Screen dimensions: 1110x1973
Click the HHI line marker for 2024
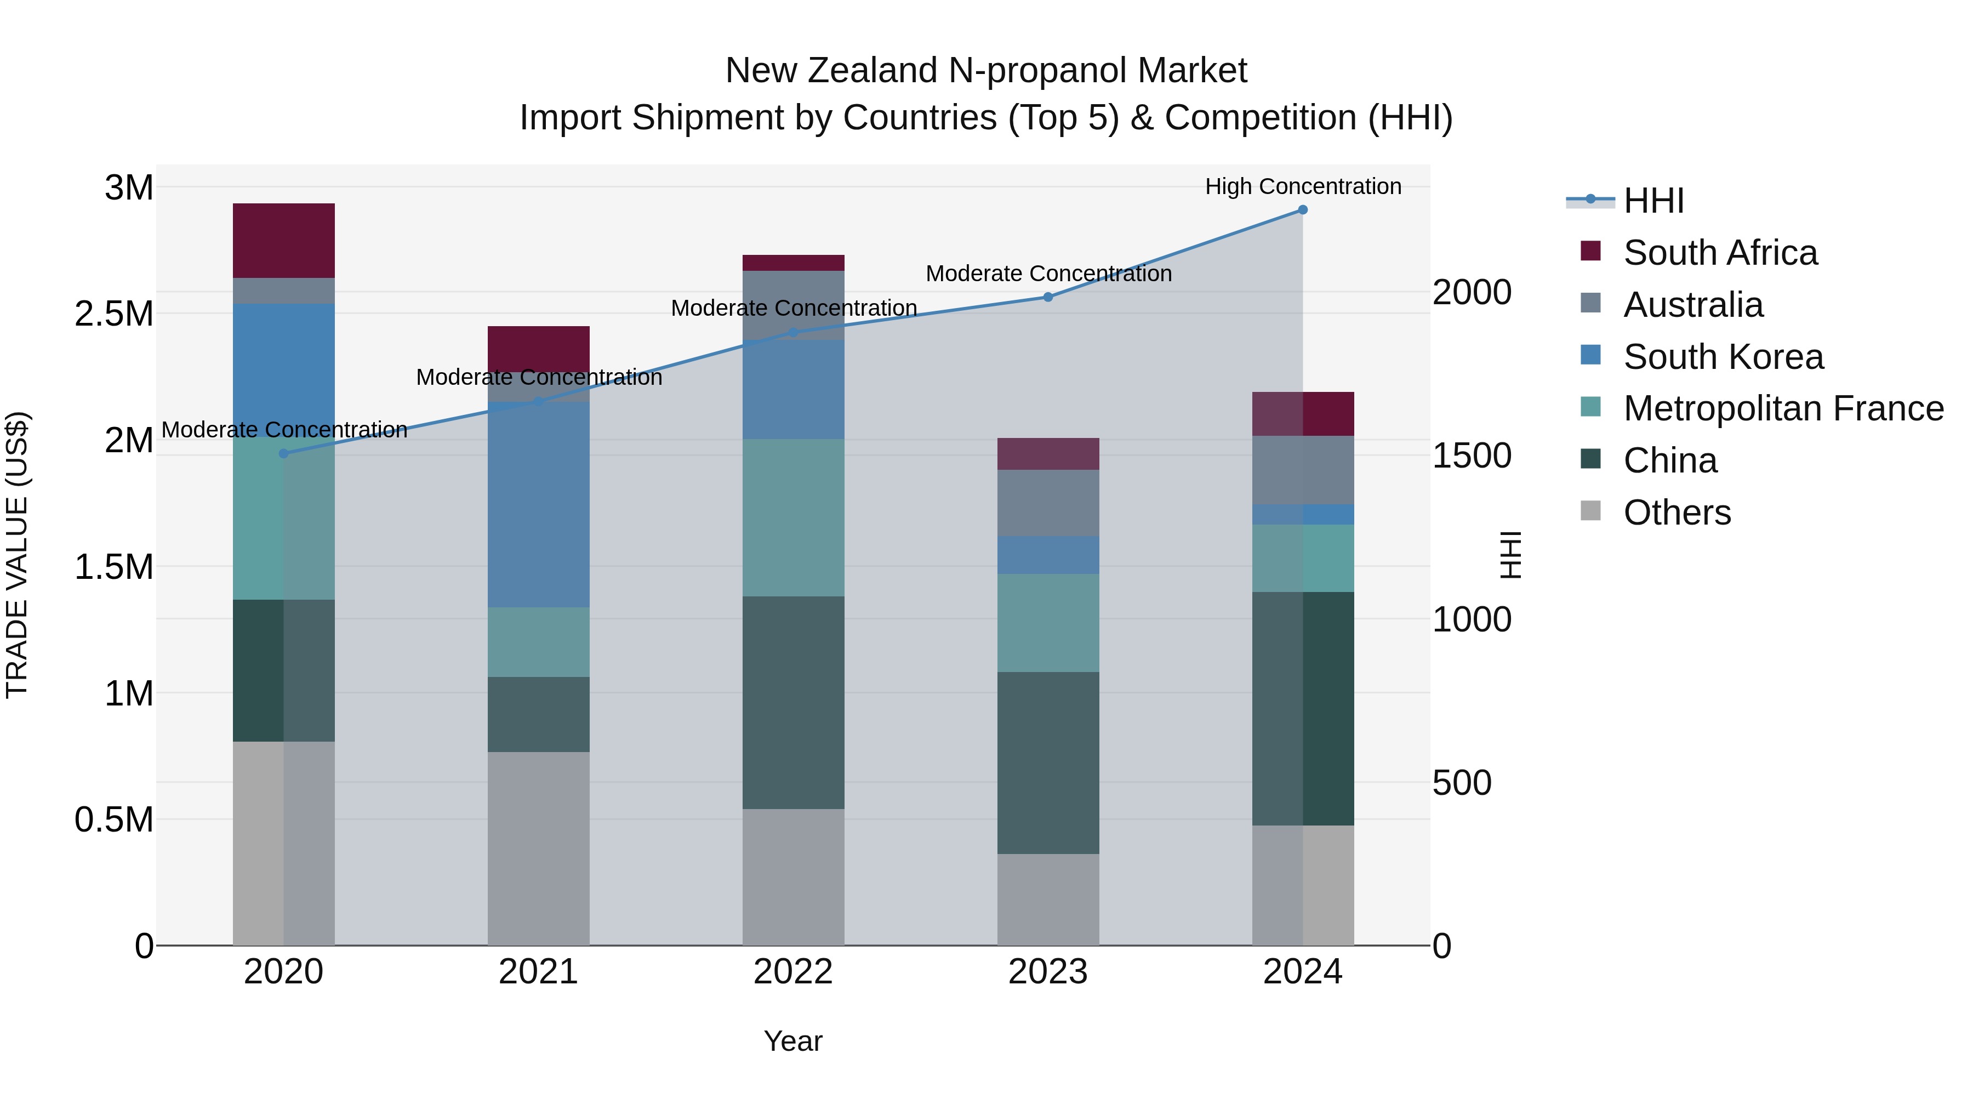click(1302, 210)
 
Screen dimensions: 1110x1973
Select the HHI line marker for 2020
click(283, 453)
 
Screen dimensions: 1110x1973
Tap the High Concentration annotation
click(1303, 186)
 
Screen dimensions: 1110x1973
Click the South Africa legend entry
click(1719, 253)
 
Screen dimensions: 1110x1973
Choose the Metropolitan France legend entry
click(1783, 408)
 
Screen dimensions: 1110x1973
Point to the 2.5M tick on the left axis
click(114, 314)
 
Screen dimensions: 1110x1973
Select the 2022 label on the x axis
click(792, 972)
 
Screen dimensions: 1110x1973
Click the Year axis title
click(792, 1041)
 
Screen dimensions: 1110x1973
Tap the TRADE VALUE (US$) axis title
click(17, 555)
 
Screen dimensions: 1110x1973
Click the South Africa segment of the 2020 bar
click(283, 241)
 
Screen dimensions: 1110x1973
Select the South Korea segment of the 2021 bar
click(538, 504)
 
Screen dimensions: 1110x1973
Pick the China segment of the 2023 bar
click(1048, 763)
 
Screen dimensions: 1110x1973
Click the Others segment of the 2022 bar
click(792, 877)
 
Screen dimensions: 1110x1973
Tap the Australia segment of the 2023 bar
click(1048, 503)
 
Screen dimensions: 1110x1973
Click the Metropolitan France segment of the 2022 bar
click(792, 518)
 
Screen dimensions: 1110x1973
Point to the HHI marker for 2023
click(1048, 297)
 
